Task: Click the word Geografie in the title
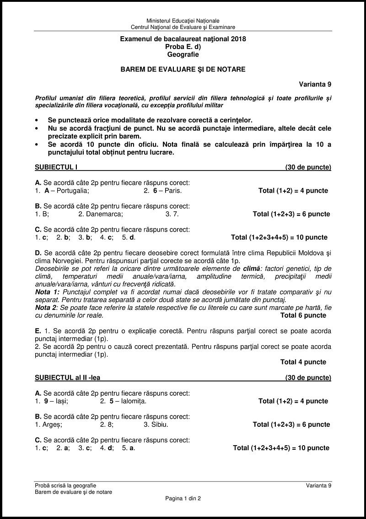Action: point(183,55)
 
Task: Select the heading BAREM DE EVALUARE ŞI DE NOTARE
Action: point(183,69)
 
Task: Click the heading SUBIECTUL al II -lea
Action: point(68,377)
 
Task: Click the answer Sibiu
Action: point(159,424)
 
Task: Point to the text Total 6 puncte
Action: point(303,315)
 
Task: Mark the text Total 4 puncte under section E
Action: point(303,362)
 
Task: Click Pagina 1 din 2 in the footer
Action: point(183,498)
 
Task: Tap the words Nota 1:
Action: point(48,292)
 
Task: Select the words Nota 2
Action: point(47,307)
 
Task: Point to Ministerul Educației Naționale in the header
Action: point(183,21)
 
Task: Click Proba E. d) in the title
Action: point(183,47)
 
